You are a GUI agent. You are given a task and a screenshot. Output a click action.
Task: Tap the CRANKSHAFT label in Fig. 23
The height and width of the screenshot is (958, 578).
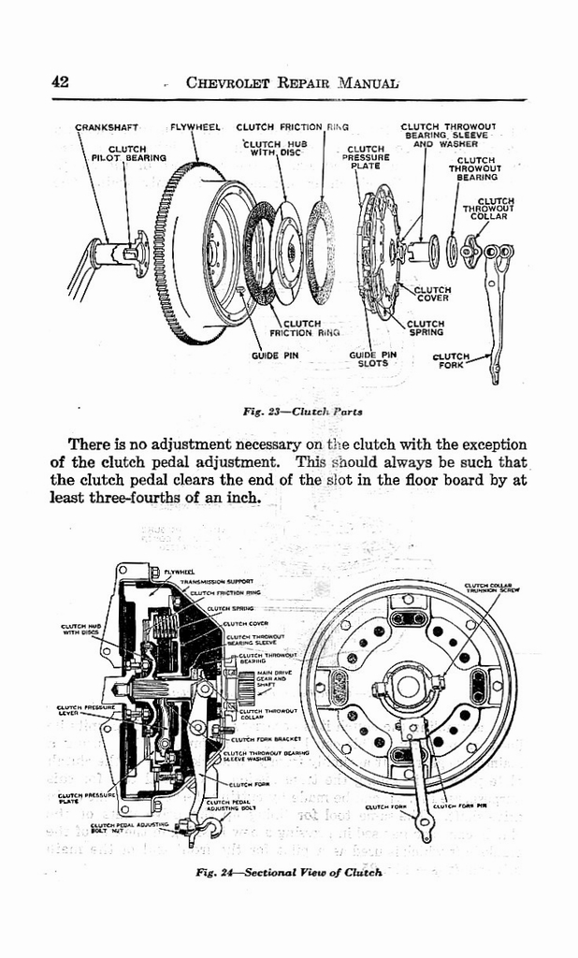click(x=106, y=127)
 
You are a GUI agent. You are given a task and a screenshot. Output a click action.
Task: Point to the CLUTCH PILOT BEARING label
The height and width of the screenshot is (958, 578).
click(x=127, y=153)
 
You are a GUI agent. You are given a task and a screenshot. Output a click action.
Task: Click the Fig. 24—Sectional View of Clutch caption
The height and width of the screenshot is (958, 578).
click(x=290, y=872)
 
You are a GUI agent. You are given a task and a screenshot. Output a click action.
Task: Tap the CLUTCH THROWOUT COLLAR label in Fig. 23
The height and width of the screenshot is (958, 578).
click(x=495, y=208)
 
